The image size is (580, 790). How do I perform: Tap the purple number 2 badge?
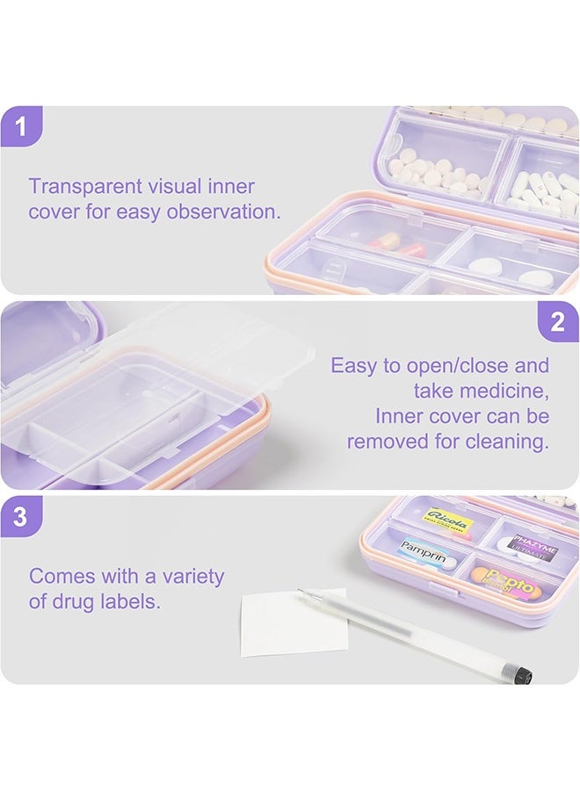click(558, 322)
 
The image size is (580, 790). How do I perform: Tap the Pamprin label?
click(424, 552)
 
